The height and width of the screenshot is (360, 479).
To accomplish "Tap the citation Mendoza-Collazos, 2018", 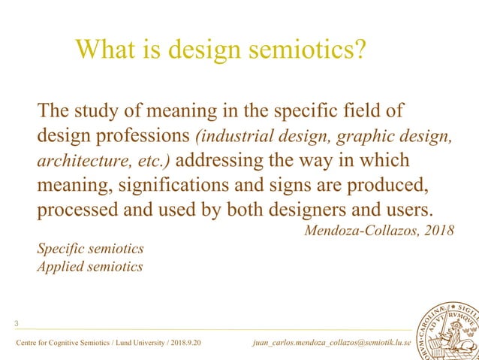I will click(378, 230).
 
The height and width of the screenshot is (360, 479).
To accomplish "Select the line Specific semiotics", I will click(90, 248).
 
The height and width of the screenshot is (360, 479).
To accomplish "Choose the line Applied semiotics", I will click(89, 266).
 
